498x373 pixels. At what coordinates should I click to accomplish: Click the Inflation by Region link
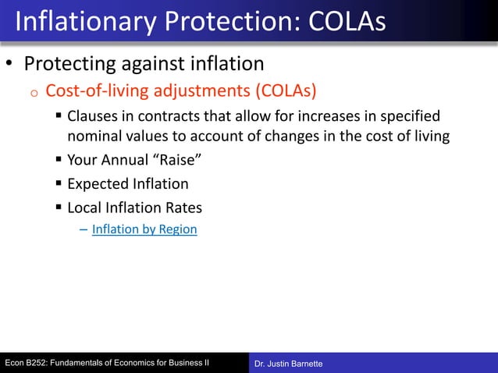144,229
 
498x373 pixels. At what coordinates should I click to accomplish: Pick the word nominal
94,137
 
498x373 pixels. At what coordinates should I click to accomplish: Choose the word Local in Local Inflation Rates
84,208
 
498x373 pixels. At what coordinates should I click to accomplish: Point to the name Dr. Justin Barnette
289,364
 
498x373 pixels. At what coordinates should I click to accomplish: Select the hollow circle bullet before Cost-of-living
34,93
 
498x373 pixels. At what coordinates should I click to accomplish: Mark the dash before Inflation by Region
84,229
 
